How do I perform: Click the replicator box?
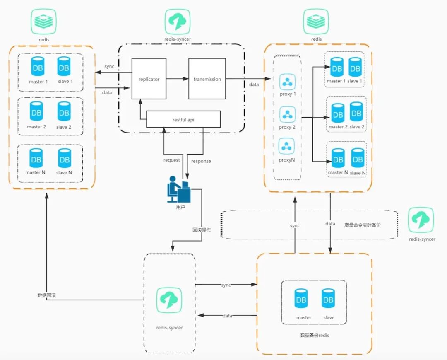[x=149, y=79]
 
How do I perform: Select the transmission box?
[x=207, y=79]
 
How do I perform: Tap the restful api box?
[x=183, y=119]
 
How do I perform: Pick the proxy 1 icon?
[x=287, y=82]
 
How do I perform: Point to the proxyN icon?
[x=287, y=147]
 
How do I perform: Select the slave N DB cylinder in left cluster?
[x=64, y=159]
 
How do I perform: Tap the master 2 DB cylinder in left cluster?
[x=37, y=113]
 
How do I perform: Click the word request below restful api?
[x=171, y=160]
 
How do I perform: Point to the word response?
[x=201, y=161]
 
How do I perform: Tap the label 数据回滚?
[x=46, y=295]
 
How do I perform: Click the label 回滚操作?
[x=202, y=230]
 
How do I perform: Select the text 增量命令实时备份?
[x=362, y=224]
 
